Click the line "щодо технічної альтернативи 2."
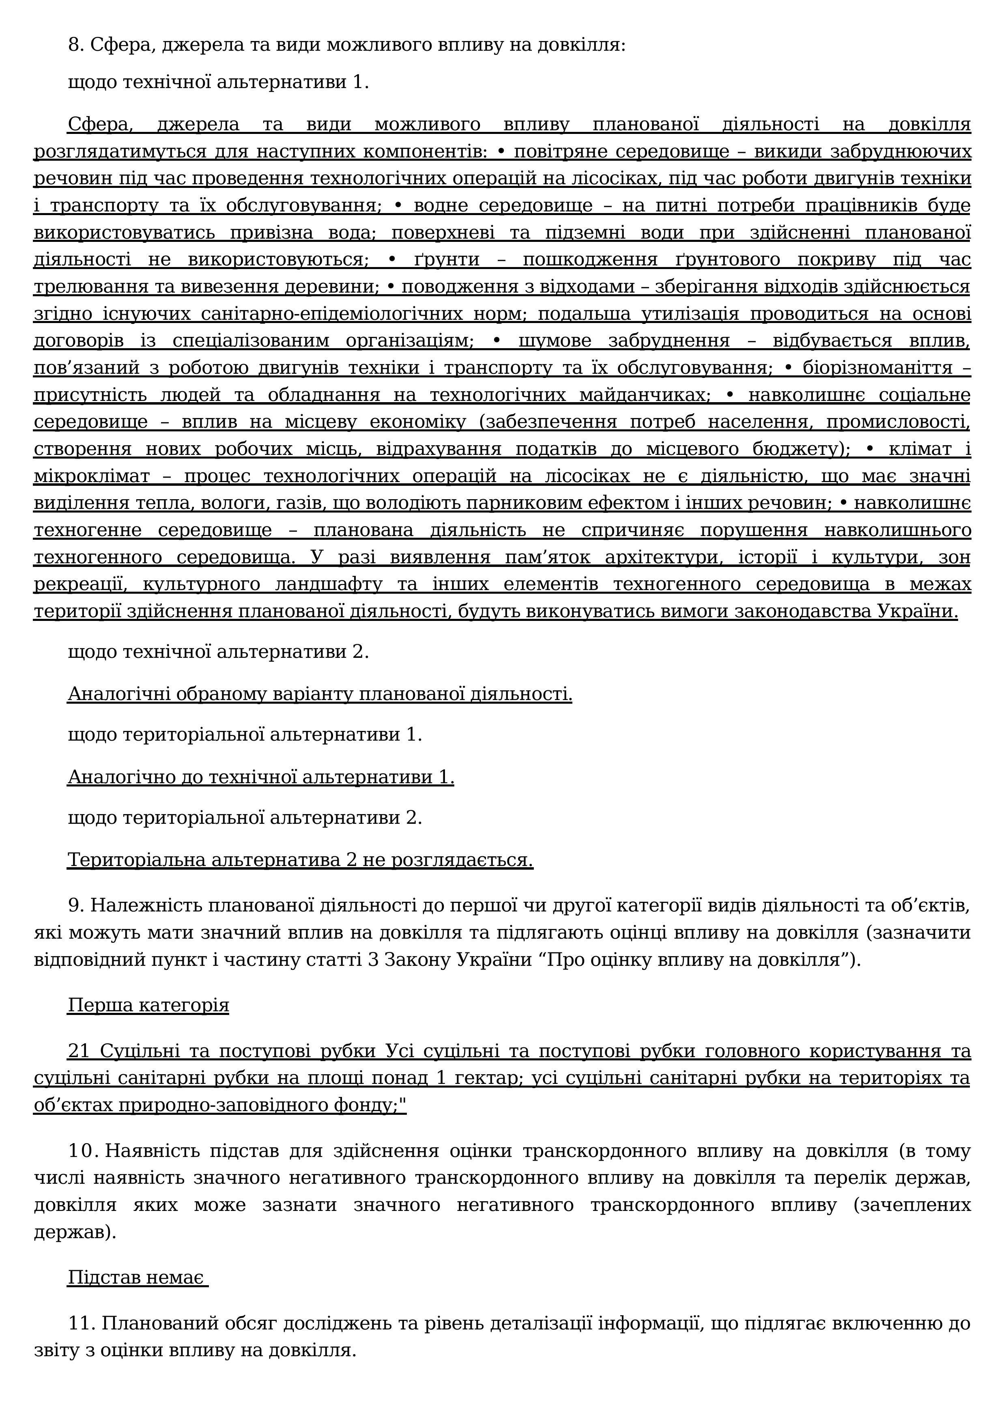(x=218, y=653)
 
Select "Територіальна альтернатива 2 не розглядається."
(x=300, y=860)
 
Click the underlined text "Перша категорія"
(x=148, y=1005)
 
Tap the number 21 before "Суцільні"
(x=79, y=1051)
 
